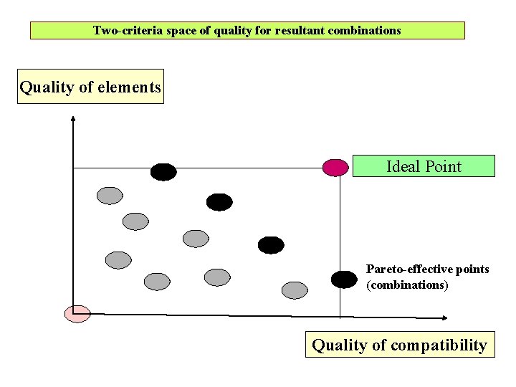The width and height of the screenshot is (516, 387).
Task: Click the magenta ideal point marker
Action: (x=335, y=167)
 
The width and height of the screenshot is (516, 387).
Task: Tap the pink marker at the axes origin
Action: (x=77, y=313)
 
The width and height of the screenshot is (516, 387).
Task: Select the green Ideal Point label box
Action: (x=424, y=166)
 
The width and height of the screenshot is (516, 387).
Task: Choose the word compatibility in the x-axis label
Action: (x=438, y=345)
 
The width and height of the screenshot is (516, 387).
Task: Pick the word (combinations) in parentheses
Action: (x=407, y=285)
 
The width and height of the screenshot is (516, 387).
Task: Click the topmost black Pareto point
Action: (x=163, y=172)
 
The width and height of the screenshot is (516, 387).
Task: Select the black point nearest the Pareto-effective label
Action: (x=344, y=279)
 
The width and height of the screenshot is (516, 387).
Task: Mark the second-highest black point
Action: (x=219, y=202)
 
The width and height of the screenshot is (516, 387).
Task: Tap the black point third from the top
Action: (x=271, y=245)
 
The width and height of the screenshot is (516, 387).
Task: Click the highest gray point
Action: (x=110, y=194)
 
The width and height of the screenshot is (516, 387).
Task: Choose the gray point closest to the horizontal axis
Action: (x=294, y=290)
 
